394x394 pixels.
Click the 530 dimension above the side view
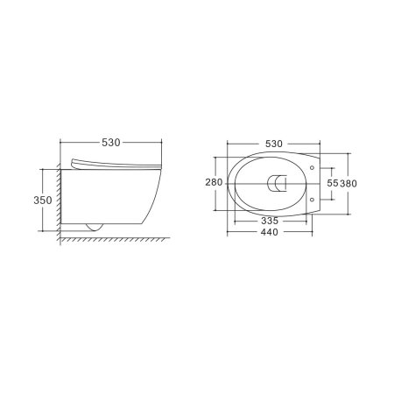pyautogui.click(x=111, y=143)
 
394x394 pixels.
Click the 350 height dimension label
pyautogui.click(x=43, y=201)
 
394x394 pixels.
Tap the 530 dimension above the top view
pyautogui.click(x=274, y=144)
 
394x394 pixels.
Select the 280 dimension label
pyautogui.click(x=214, y=182)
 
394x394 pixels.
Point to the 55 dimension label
pyautogui.click(x=333, y=183)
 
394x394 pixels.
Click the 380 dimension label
pyautogui.click(x=348, y=184)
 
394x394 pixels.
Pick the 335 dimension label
pyautogui.click(x=270, y=221)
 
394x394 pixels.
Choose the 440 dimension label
pyautogui.click(x=270, y=232)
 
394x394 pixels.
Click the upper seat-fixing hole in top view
pyautogui.click(x=312, y=168)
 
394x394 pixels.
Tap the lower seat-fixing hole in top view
pyautogui.click(x=312, y=200)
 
